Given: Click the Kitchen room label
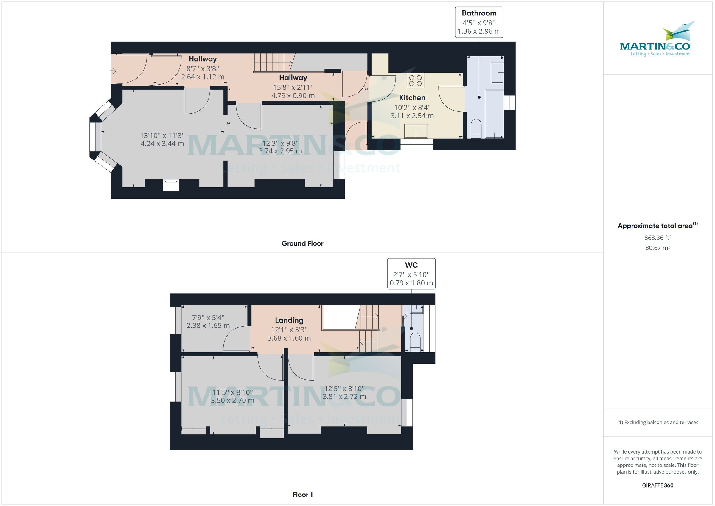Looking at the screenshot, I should [412, 98].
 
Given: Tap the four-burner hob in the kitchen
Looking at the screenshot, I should [415, 80].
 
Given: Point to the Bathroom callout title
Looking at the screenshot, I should [479, 13].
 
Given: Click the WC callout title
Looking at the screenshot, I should [411, 265].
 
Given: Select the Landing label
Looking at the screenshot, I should [289, 320].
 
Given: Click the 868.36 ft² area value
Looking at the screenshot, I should [658, 238].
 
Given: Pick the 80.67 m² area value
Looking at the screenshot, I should [658, 248].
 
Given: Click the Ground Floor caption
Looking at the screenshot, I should [302, 244].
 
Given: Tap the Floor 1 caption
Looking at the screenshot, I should [302, 495].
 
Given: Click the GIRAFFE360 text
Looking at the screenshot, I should [658, 485].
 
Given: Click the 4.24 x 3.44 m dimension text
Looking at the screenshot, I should [162, 144].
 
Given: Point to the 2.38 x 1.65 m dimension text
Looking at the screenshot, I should [208, 326].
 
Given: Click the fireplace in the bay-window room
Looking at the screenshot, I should [171, 184].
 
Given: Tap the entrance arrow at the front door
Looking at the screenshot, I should [113, 71].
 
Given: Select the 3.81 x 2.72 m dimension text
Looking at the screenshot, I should [344, 397].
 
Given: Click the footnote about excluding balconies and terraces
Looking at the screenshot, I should [658, 423].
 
